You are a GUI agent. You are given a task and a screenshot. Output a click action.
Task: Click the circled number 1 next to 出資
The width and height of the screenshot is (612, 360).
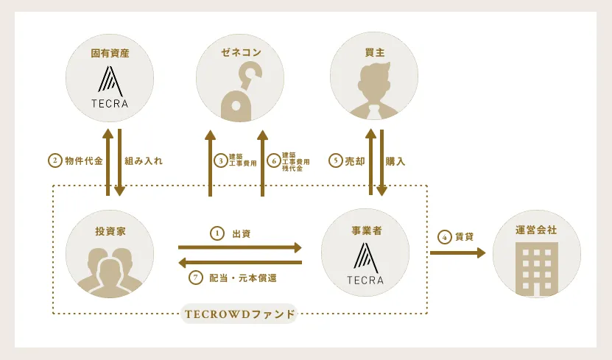(x=217, y=233)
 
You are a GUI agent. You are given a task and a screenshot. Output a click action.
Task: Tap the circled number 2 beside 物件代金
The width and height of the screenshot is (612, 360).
(x=55, y=160)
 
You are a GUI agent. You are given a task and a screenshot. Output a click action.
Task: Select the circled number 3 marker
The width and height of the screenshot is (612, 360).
(x=221, y=160)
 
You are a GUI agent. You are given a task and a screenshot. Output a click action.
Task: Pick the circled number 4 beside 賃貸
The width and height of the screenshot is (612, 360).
(x=445, y=237)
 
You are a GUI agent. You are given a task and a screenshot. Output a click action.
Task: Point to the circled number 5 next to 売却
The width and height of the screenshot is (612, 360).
(x=336, y=160)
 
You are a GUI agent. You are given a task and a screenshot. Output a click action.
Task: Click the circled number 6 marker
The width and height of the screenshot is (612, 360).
(x=274, y=160)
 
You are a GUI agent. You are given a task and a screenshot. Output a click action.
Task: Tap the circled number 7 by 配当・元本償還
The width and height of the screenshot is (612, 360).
(x=196, y=278)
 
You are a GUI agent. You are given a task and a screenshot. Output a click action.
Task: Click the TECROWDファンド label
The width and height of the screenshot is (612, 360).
(x=239, y=314)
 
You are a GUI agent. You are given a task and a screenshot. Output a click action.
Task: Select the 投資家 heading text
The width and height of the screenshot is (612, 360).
(x=110, y=231)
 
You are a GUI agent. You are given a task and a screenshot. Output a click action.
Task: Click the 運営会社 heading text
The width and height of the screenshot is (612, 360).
(x=536, y=230)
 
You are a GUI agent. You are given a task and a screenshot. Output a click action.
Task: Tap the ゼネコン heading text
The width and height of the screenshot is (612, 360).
(x=241, y=52)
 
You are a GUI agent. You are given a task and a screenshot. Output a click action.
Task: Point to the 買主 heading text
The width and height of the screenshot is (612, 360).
(x=375, y=52)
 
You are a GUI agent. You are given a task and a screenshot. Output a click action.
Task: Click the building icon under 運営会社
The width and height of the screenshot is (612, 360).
(x=536, y=269)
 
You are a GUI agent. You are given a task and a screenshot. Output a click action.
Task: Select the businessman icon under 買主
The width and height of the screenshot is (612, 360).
(x=374, y=91)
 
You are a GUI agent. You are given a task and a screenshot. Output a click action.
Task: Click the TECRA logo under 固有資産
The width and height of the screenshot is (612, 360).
(x=110, y=87)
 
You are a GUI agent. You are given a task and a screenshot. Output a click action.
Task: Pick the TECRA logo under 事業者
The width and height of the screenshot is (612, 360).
(x=365, y=264)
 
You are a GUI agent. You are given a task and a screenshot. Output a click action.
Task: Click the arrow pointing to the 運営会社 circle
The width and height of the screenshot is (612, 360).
(x=458, y=253)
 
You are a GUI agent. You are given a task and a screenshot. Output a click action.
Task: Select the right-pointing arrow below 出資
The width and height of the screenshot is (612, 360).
(x=240, y=247)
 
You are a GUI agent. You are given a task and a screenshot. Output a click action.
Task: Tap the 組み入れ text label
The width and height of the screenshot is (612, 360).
(x=144, y=160)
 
